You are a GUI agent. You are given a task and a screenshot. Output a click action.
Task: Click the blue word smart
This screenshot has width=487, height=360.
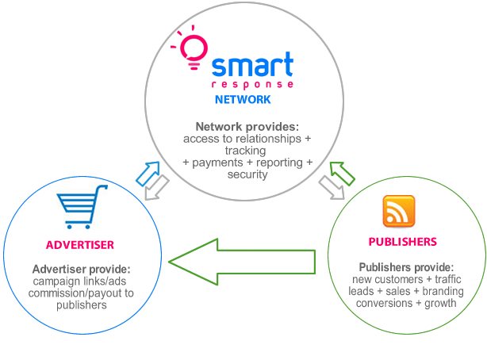(252, 64)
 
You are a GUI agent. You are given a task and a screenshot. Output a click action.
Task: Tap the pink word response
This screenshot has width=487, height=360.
(252, 85)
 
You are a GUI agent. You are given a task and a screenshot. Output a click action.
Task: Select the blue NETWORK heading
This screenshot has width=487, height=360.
(243, 99)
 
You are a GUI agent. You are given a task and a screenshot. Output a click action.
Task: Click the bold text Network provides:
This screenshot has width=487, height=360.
(247, 126)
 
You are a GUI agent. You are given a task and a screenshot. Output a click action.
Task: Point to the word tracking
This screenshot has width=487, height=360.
(245, 151)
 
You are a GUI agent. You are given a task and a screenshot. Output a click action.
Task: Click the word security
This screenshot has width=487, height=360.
(247, 174)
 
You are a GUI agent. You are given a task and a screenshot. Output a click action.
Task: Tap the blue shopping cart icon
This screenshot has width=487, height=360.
(82, 207)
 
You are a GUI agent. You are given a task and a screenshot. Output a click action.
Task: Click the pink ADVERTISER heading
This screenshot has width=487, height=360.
(80, 245)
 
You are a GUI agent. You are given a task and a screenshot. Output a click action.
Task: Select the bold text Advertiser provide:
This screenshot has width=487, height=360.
(82, 269)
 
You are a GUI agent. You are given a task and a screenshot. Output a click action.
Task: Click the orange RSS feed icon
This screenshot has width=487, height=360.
(399, 211)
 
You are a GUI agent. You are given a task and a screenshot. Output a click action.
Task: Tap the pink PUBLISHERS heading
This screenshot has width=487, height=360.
(402, 242)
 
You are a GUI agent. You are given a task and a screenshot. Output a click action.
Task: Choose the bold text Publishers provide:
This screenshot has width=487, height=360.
(406, 267)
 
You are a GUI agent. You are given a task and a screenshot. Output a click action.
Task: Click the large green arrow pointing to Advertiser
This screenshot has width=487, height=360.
(242, 262)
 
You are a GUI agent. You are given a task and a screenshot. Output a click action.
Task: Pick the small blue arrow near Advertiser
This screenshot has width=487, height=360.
(148, 174)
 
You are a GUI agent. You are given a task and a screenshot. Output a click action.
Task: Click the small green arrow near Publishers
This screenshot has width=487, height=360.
(342, 174)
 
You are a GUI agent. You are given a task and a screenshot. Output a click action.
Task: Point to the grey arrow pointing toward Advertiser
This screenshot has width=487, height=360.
(157, 188)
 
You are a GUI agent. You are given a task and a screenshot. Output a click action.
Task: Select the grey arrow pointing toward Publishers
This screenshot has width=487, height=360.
(332, 188)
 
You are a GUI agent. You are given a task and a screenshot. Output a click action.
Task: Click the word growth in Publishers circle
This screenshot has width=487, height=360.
(440, 303)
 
